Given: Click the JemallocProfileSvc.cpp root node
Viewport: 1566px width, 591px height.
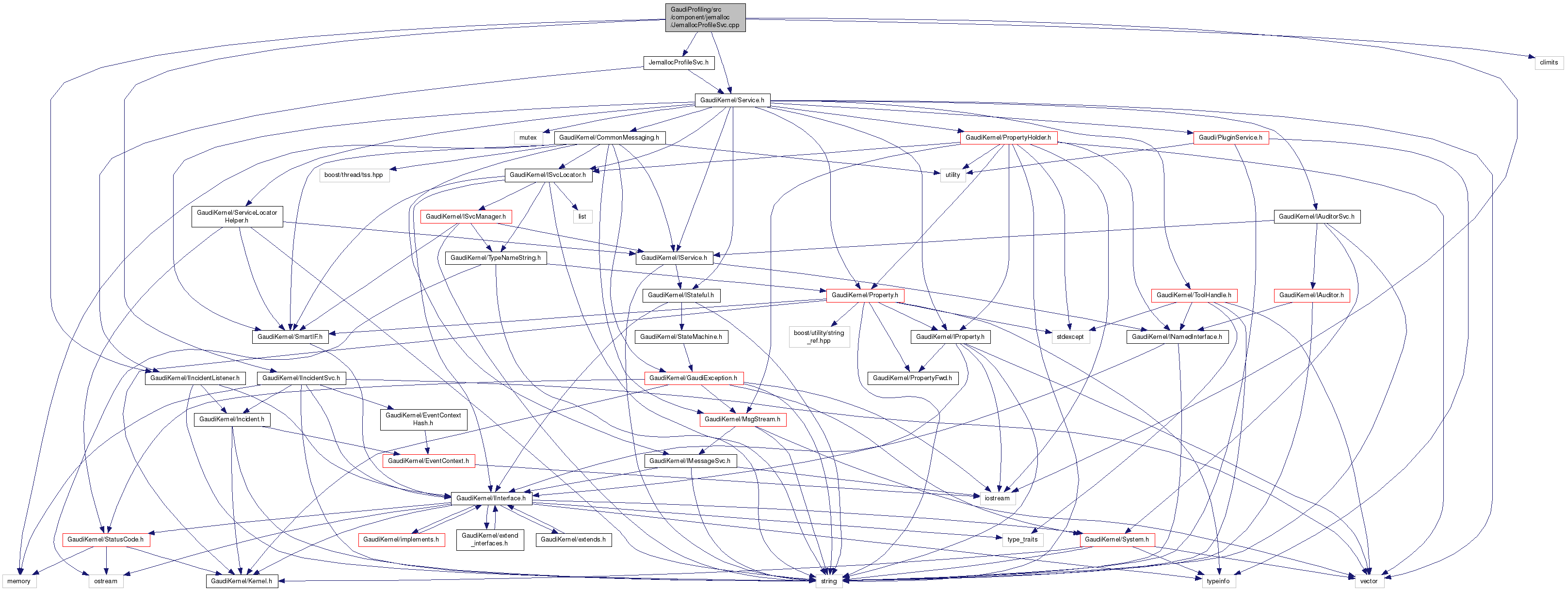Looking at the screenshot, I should point(705,17).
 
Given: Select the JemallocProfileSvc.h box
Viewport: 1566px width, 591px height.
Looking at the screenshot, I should point(678,63).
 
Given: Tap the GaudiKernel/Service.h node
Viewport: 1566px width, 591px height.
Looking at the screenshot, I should point(732,100).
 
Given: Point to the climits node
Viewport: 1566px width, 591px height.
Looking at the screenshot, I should point(1549,63).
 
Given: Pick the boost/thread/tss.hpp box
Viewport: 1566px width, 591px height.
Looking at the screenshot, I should point(354,175).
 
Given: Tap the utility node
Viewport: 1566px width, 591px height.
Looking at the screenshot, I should point(952,175).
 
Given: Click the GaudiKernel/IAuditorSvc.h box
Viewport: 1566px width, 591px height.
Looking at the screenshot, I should point(1316,216).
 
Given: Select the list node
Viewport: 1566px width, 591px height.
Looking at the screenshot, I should point(582,216).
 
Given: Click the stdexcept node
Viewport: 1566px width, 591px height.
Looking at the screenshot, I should point(1070,337).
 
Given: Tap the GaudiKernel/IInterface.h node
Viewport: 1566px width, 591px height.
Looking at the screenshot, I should point(491,498).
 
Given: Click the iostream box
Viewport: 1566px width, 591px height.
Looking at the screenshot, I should point(997,498).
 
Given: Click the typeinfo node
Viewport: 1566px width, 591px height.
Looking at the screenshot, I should point(1218,581).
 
